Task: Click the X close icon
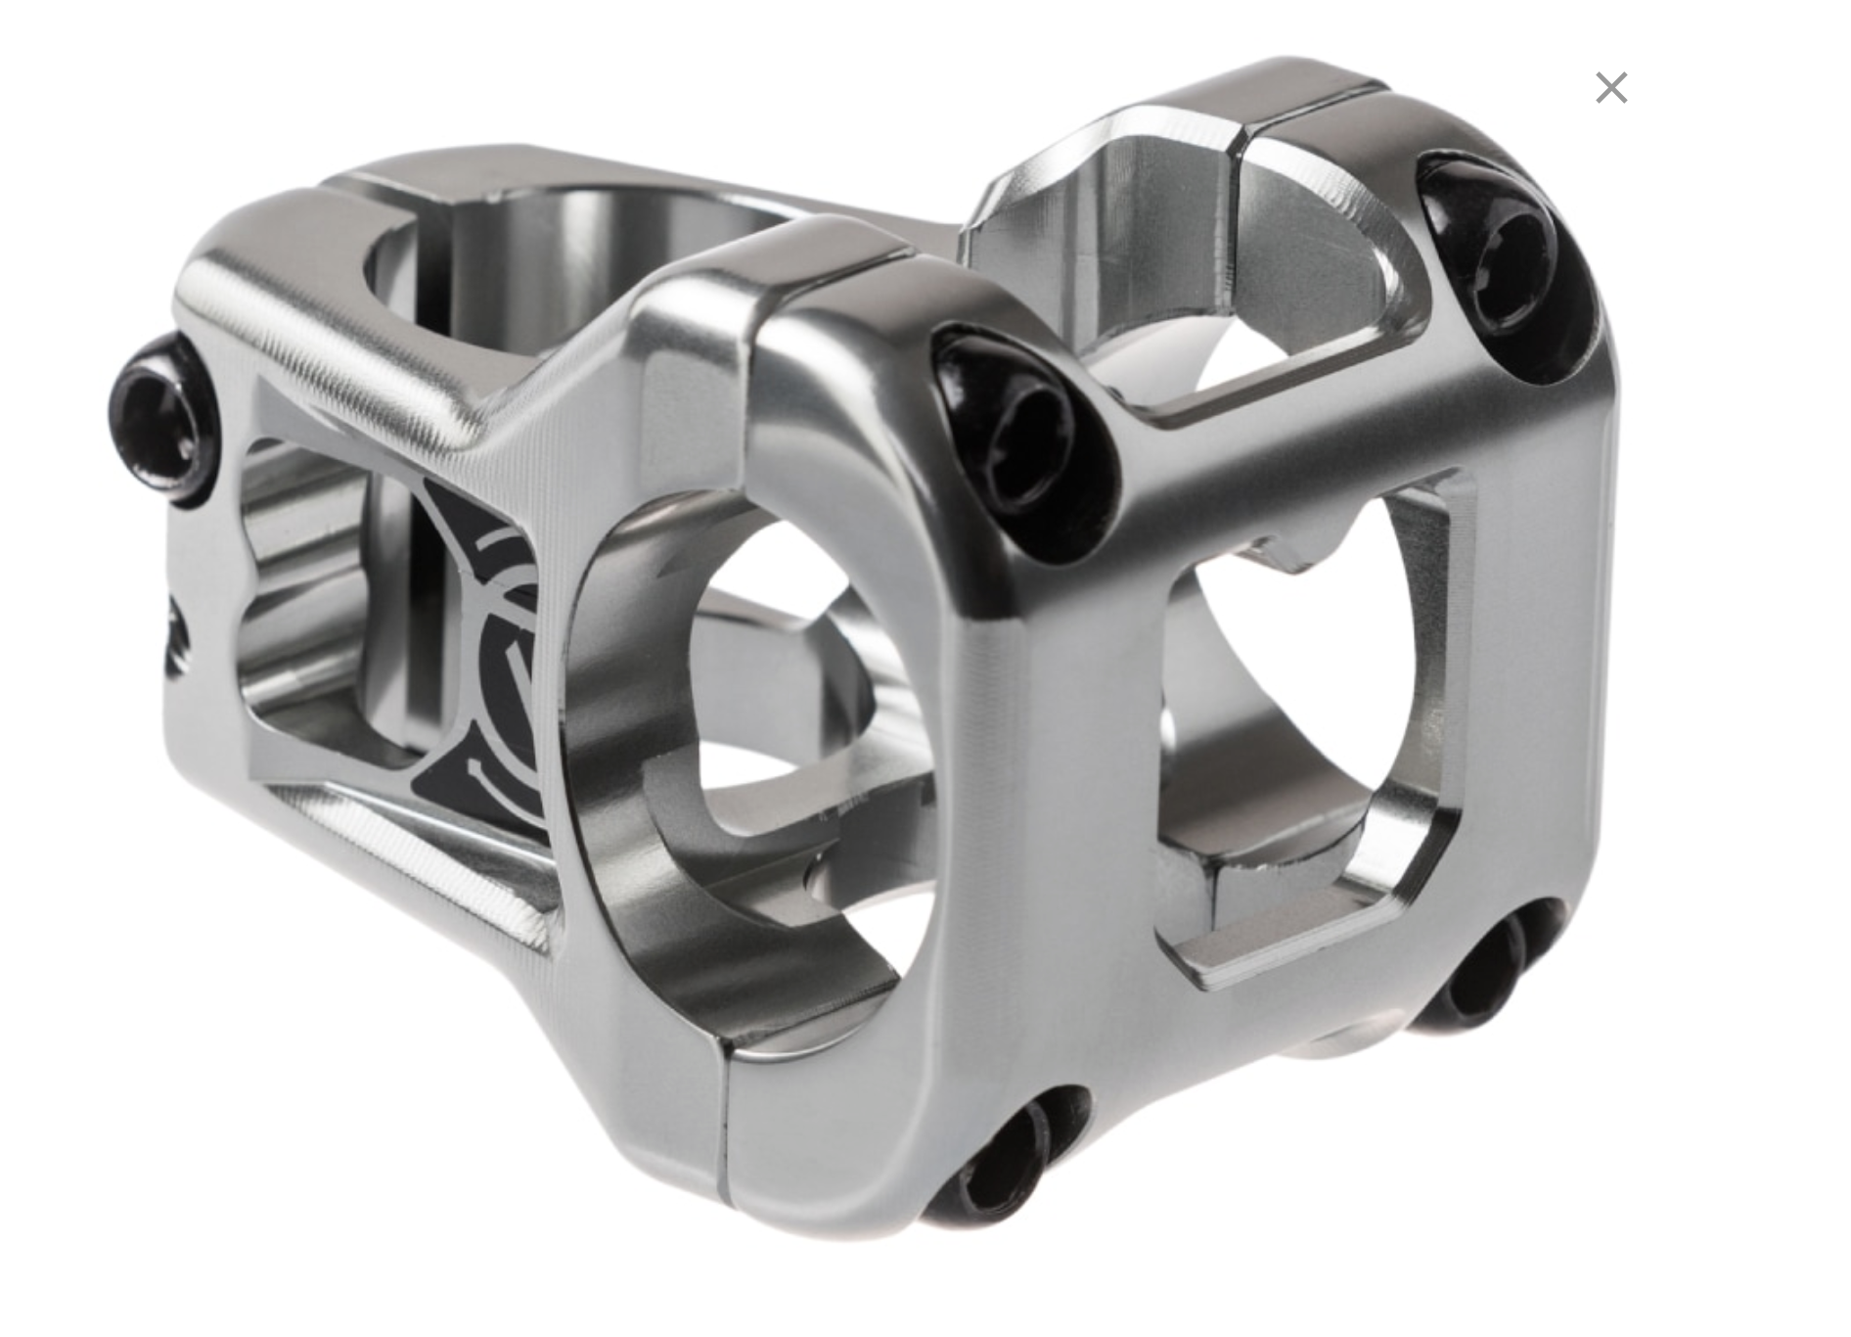pyautogui.click(x=1610, y=88)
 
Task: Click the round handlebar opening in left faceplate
pyautogui.click(x=783, y=685)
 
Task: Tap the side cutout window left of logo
pyautogui.click(x=313, y=607)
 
